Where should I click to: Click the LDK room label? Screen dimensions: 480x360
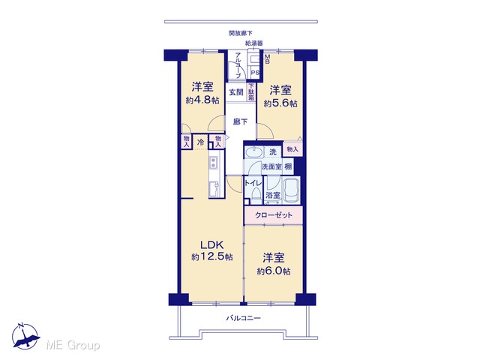211,244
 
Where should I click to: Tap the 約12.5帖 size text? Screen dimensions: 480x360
211,256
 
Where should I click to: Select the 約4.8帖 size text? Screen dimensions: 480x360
202,100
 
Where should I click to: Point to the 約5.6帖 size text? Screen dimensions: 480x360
280,103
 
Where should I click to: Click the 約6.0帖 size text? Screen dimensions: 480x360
274,271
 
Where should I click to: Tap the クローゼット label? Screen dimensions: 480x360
274,215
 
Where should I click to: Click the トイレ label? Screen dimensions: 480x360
253,183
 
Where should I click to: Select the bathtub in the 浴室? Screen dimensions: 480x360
291,190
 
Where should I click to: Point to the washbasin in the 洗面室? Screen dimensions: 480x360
253,151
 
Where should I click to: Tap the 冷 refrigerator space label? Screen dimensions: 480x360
201,142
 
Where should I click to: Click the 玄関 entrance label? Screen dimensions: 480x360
236,91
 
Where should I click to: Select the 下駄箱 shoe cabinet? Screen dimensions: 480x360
251,92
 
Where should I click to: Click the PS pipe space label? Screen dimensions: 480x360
255,73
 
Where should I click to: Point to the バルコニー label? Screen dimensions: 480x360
243,318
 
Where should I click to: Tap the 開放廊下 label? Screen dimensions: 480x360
241,33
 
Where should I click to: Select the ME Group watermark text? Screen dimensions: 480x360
73,345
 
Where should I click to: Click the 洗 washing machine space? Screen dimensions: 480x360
272,151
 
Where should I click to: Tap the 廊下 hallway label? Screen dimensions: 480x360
240,121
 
